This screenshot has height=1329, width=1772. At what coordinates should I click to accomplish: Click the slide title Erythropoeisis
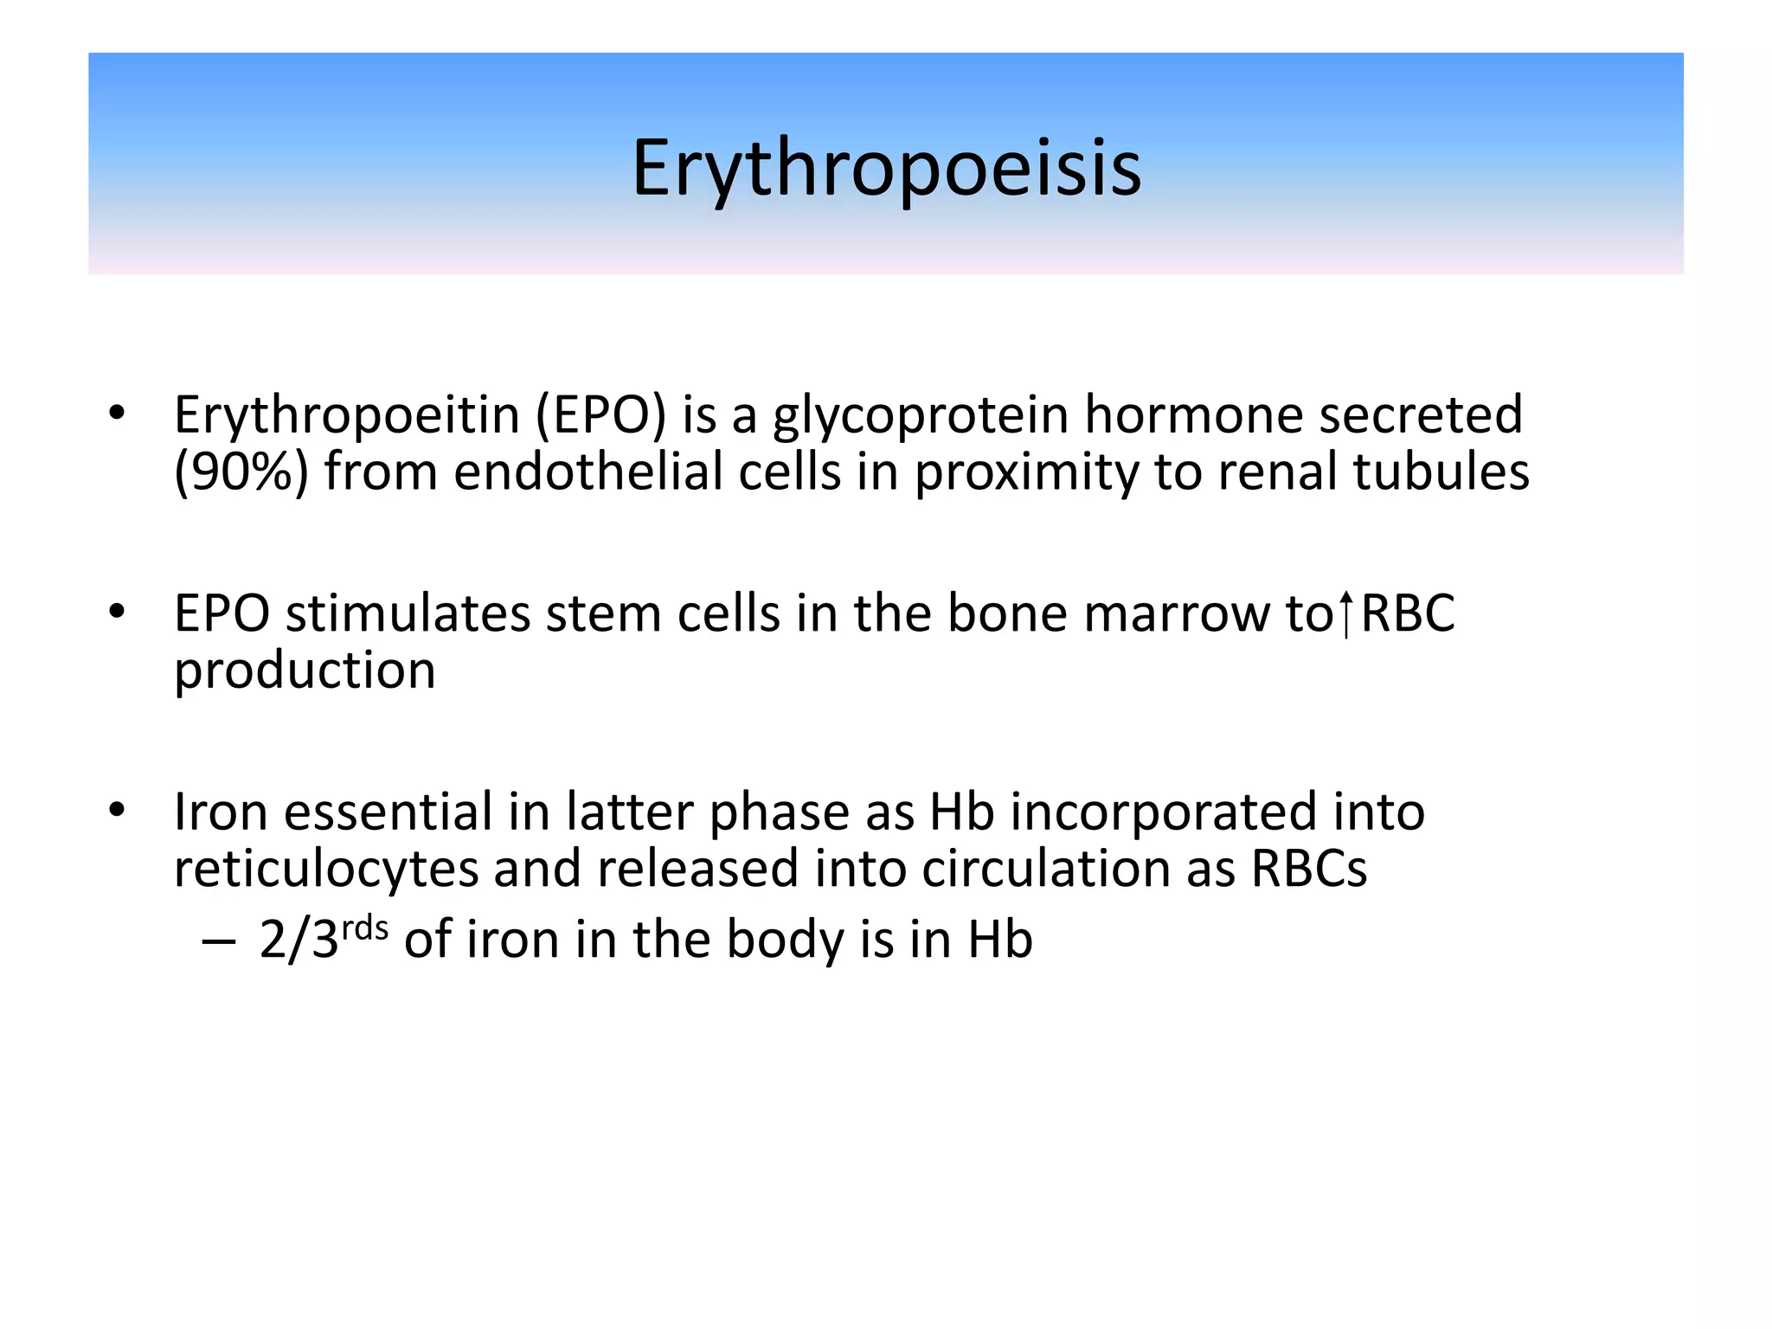[x=886, y=169]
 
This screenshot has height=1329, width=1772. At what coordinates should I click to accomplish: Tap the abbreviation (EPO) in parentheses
[x=600, y=415]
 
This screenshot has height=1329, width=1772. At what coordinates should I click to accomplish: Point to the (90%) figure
[x=241, y=473]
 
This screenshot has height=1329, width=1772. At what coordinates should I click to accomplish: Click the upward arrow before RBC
[x=1345, y=613]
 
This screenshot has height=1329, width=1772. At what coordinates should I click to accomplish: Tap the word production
[x=305, y=671]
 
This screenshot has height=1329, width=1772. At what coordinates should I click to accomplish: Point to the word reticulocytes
[x=325, y=870]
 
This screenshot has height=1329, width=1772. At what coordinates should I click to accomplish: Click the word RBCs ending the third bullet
[x=1308, y=869]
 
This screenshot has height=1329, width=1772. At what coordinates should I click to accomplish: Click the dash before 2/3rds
[x=217, y=941]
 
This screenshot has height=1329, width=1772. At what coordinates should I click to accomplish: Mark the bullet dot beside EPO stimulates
[x=118, y=612]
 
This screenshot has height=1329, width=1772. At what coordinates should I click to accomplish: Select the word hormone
[x=1194, y=415]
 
